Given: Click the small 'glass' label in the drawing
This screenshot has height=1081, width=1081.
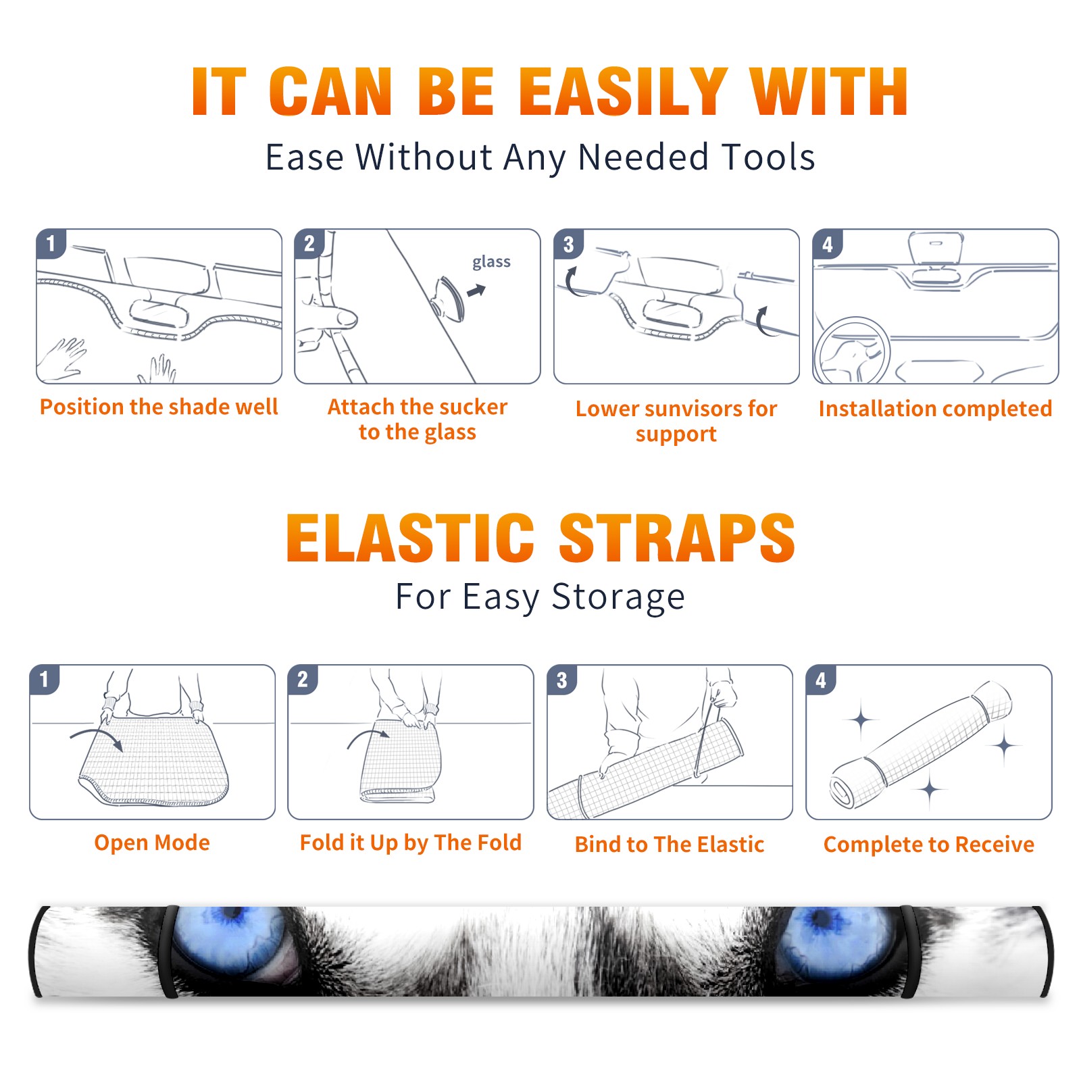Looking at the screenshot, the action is [x=491, y=261].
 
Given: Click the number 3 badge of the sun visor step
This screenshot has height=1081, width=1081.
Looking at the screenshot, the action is [x=568, y=245].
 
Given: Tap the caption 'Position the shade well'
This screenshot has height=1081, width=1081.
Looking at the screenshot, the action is [x=159, y=407].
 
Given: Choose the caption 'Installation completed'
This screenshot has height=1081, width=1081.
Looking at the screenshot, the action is [x=935, y=408].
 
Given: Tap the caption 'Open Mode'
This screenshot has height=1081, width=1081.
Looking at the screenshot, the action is [x=152, y=843].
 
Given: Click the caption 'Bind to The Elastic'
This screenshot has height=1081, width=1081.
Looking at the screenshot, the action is [x=670, y=845].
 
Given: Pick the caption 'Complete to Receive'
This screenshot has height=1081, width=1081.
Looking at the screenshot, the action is [x=929, y=845].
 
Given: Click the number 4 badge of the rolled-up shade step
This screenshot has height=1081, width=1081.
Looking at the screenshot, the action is [x=821, y=680].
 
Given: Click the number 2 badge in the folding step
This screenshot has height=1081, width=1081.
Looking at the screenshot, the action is [x=303, y=680].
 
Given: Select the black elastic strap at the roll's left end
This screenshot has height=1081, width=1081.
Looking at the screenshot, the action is [x=169, y=951].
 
